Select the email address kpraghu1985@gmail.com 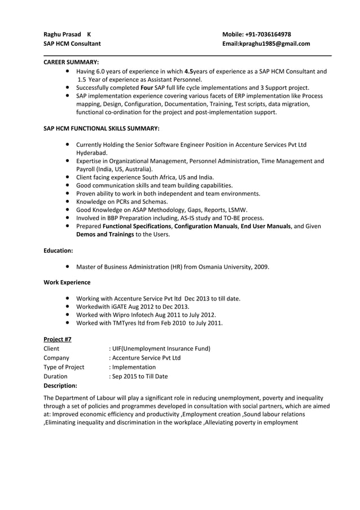click(274, 43)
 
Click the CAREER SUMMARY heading click(72, 62)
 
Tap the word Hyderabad click(91, 153)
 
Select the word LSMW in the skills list click(237, 210)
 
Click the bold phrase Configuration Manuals click(206, 226)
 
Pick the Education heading click(58, 250)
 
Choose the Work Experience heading click(67, 282)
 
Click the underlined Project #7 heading click(58, 339)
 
